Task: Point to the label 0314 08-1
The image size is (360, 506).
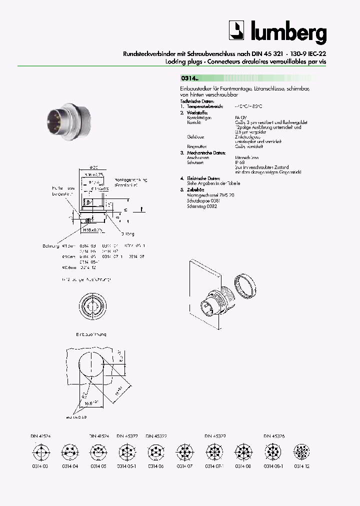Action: (x=272, y=466)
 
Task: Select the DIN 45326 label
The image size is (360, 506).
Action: (x=274, y=435)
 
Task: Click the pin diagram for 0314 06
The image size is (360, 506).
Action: (x=155, y=454)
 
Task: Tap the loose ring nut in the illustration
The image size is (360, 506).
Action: (x=245, y=288)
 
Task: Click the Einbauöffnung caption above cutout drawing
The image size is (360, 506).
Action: (x=91, y=334)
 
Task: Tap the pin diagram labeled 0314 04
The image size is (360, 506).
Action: (x=69, y=454)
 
